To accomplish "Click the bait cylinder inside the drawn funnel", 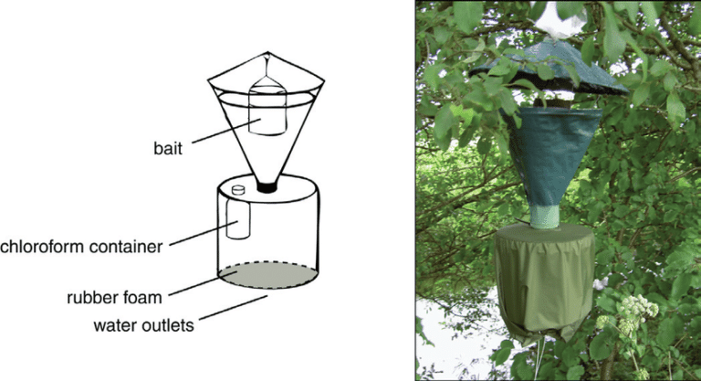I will point(267,114).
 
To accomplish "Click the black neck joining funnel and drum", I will point(267,187).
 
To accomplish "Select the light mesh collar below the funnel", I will point(545,217).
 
